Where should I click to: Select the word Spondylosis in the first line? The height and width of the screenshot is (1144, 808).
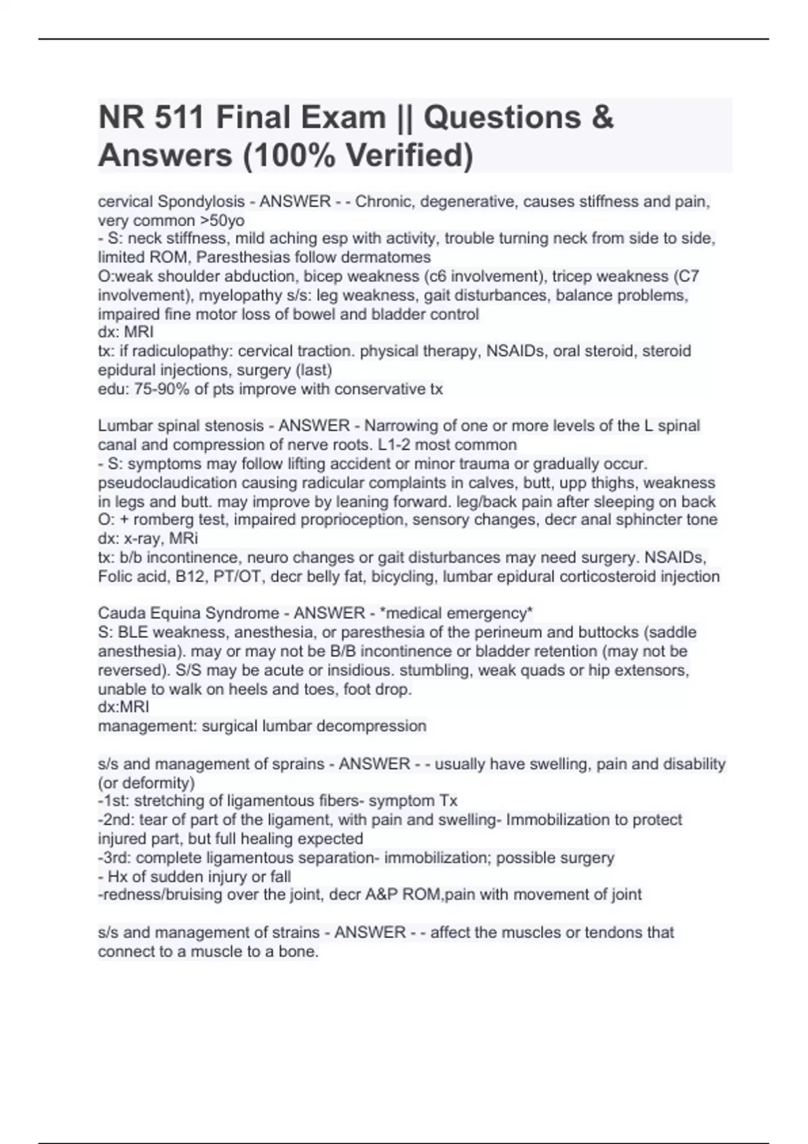[x=201, y=201]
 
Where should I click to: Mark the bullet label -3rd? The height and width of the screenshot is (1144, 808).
[x=114, y=857]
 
